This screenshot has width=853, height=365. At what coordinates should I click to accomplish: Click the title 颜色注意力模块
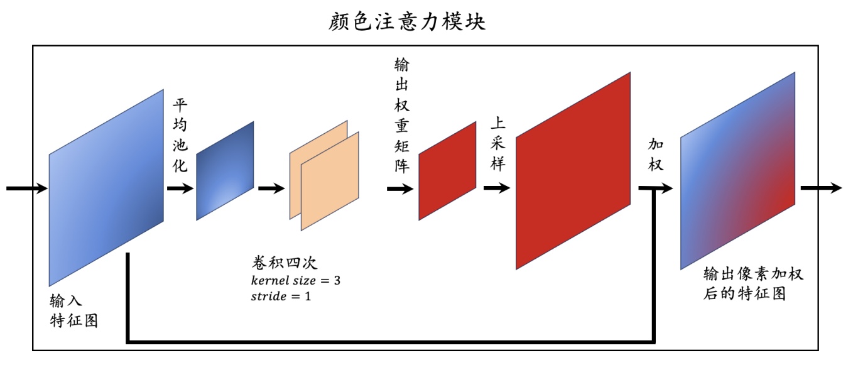(x=407, y=22)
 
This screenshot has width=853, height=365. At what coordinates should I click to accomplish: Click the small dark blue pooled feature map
(x=225, y=171)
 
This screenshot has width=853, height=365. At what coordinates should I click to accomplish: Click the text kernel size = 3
(x=295, y=280)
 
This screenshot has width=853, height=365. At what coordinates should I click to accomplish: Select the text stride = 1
(x=281, y=295)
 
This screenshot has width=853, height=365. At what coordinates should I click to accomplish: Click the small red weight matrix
(x=447, y=171)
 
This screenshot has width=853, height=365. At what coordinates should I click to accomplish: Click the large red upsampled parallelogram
(x=572, y=171)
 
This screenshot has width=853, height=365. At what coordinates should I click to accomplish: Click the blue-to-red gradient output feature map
(x=737, y=171)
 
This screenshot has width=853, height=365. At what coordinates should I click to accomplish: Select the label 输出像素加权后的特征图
(x=752, y=284)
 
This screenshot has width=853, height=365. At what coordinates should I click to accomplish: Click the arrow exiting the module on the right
(x=820, y=188)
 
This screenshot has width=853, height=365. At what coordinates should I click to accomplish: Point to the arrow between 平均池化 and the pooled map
(x=180, y=188)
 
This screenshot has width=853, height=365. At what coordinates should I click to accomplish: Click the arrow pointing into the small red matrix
(x=400, y=188)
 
